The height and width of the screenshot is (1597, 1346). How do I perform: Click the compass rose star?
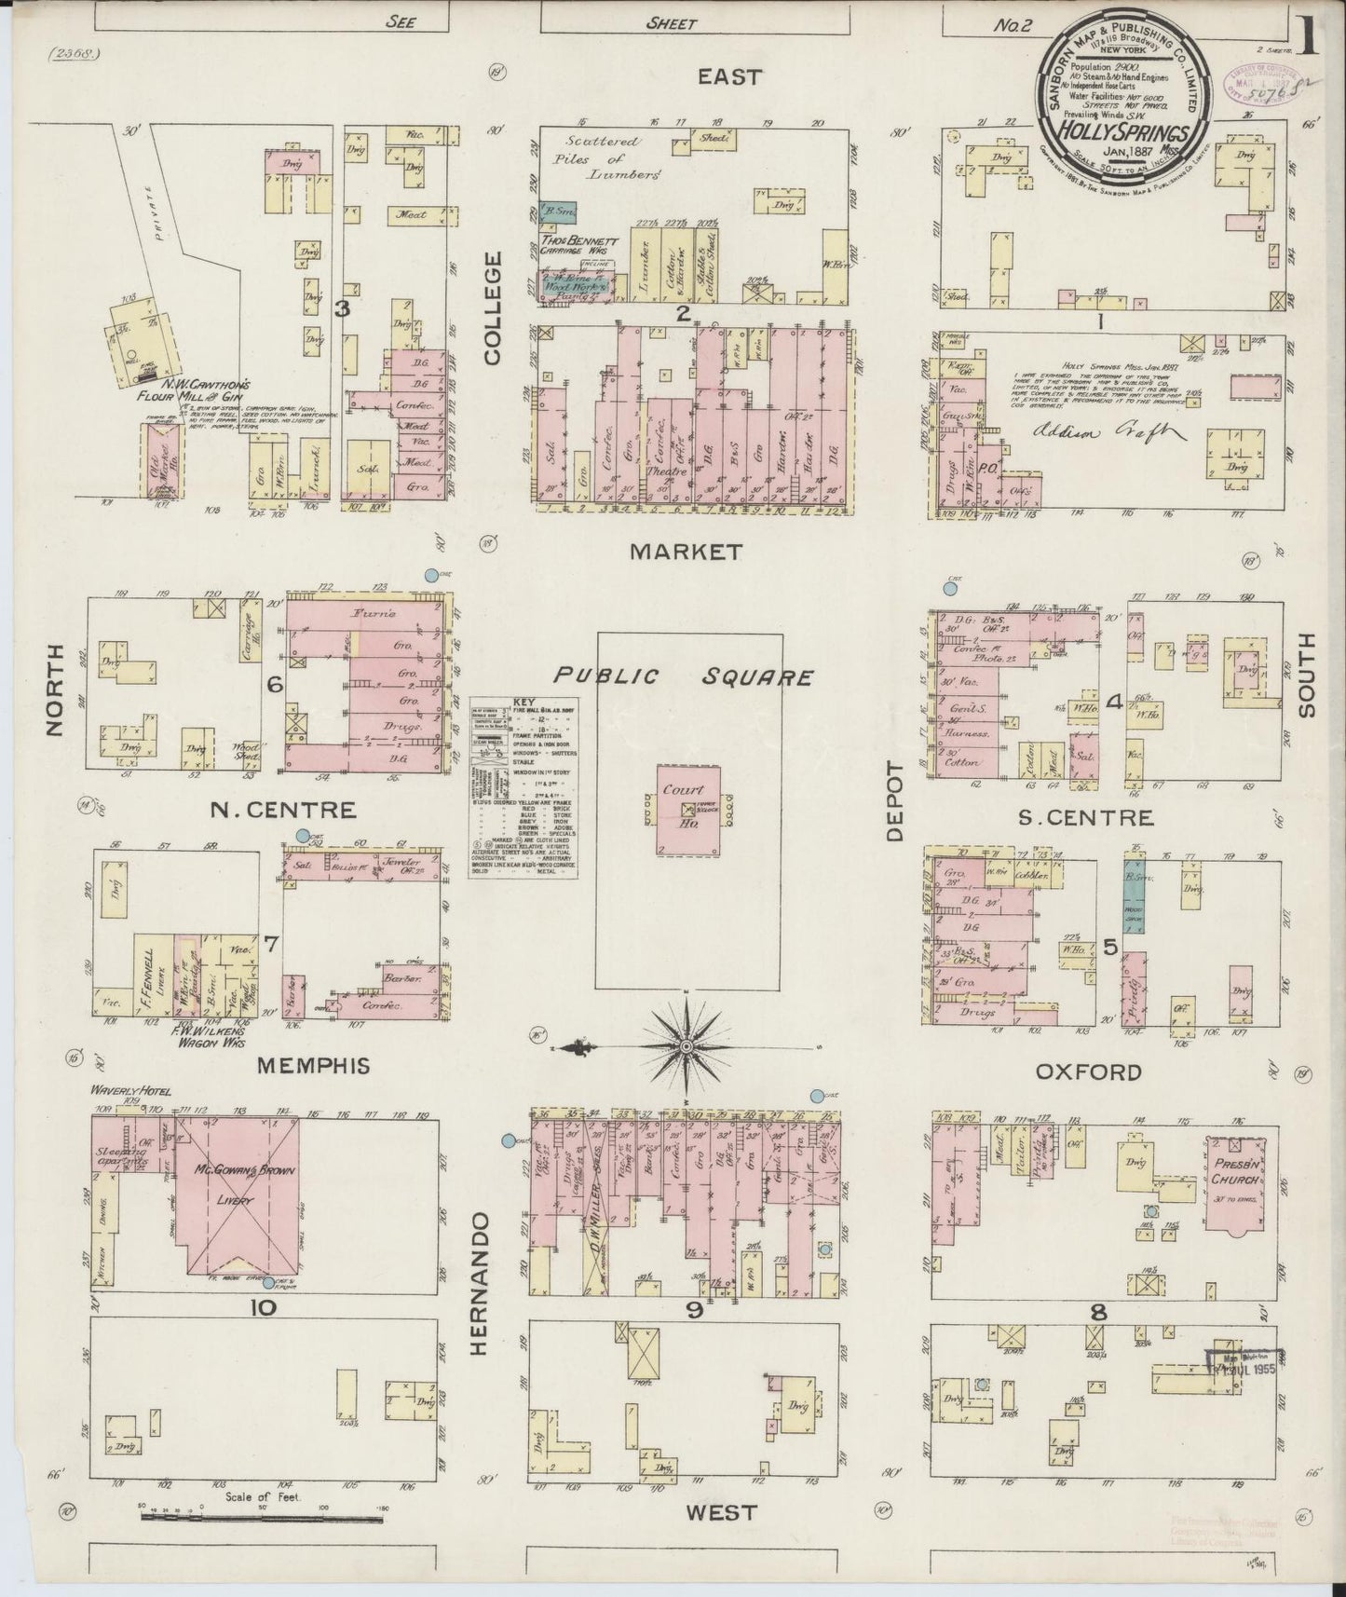[687, 1047]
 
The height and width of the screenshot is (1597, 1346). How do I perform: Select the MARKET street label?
[687, 552]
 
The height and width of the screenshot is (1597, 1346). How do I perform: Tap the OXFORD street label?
[1088, 1071]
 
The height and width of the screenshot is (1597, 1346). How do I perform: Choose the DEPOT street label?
[895, 801]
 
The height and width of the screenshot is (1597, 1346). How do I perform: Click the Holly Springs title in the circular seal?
[1119, 131]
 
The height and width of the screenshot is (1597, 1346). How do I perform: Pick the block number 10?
[263, 1307]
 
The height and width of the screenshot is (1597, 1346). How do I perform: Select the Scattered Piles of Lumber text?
[610, 157]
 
